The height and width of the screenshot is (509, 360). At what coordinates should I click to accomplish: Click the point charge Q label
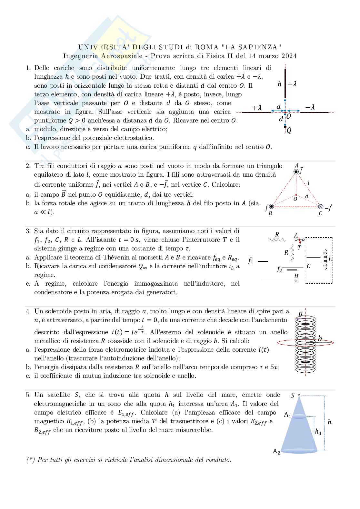click(289, 131)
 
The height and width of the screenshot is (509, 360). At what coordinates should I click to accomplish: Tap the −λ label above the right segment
click(310, 107)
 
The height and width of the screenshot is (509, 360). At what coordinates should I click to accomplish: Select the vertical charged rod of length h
click(285, 83)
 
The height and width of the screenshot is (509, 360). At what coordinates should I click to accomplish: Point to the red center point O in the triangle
click(296, 195)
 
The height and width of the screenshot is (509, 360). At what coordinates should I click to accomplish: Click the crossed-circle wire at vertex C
click(320, 206)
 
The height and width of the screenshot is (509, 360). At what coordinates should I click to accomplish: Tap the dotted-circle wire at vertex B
click(271, 206)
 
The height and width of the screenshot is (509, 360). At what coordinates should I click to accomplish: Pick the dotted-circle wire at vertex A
click(296, 171)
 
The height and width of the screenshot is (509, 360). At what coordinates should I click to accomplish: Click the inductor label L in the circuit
click(330, 259)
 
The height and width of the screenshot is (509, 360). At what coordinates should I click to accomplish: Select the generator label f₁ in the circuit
click(251, 261)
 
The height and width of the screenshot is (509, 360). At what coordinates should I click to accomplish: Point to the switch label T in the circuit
click(299, 248)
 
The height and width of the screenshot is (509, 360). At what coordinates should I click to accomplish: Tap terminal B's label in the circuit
click(296, 276)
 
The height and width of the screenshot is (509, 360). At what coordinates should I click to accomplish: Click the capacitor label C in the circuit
click(309, 266)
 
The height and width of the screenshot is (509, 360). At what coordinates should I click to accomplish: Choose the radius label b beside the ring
click(320, 338)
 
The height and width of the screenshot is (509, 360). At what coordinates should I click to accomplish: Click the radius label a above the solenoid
click(301, 314)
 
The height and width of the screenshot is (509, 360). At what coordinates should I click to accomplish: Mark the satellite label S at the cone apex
click(293, 396)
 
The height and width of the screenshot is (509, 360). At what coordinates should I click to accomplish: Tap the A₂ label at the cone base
click(276, 452)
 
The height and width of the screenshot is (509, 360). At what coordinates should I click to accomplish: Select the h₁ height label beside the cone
click(318, 432)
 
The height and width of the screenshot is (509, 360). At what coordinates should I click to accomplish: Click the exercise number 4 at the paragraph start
click(28, 311)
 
